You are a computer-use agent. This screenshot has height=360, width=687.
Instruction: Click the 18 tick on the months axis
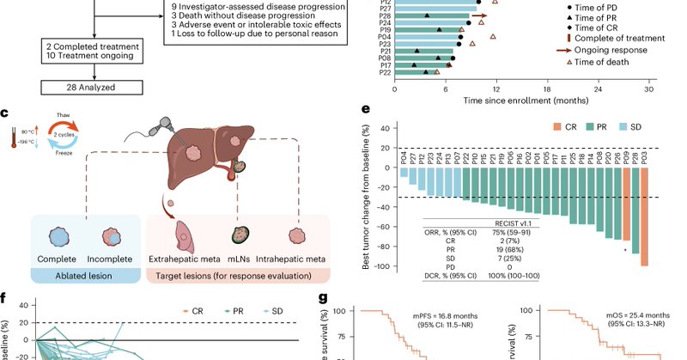(547, 88)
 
